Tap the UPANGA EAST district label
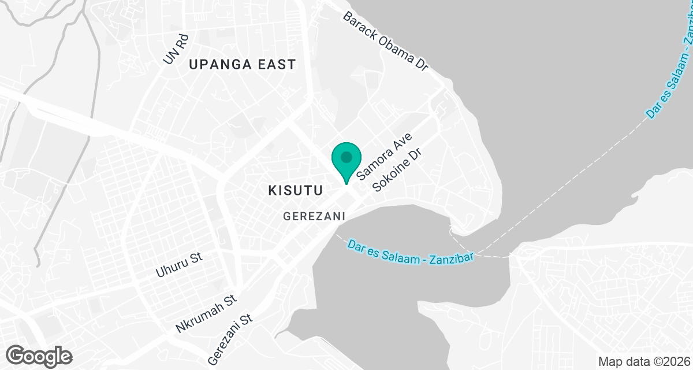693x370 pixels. pos(242,64)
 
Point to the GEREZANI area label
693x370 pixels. pos(314,216)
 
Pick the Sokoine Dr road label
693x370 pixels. pos(399,172)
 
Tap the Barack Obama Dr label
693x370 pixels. pos(385,40)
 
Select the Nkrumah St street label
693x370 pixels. pos(207,314)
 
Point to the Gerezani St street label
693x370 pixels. pos(230,339)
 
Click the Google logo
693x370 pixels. pos(39,356)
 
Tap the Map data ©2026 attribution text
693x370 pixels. pos(643,362)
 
